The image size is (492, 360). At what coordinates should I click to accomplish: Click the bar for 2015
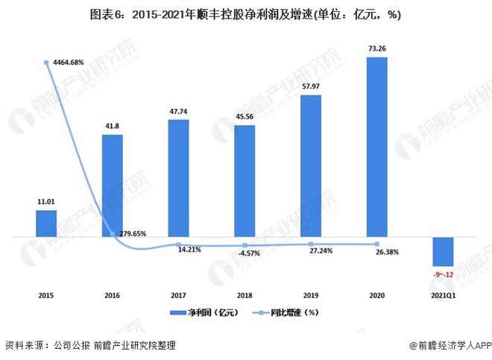pos(46,223)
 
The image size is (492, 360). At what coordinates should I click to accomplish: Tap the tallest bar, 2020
pos(377,147)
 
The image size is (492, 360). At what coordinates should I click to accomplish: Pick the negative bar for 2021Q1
pos(444,251)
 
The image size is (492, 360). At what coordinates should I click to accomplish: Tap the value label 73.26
pos(377,48)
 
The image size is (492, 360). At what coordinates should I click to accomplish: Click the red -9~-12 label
pos(444,274)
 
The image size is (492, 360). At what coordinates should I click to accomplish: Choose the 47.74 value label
pos(178,110)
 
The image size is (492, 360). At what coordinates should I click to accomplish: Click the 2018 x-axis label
pos(245,295)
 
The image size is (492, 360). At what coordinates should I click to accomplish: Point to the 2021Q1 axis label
pos(444,295)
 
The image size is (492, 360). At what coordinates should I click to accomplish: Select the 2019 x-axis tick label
pos(311,295)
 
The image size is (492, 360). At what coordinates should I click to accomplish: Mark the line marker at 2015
pos(46,63)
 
